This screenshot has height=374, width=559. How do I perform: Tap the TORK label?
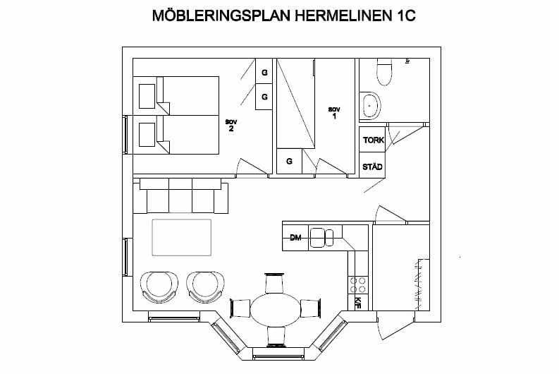coord(374,140)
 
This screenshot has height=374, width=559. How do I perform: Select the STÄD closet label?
coord(372,167)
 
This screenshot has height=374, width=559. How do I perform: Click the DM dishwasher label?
coord(295,238)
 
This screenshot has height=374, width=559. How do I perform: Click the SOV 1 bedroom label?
coord(334,112)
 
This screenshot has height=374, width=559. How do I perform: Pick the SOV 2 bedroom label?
coord(231,126)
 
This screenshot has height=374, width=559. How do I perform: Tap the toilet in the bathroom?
coord(384,72)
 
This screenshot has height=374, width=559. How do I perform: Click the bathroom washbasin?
coord(370,106)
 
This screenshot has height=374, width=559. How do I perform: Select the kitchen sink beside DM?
coord(321,238)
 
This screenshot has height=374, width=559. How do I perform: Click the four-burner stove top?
coord(358,285)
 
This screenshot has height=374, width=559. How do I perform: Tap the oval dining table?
coord(275,309)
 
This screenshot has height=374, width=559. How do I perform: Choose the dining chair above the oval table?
coord(274,283)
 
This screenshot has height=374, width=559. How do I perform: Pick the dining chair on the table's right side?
coord(311,308)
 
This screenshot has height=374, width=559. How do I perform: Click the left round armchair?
coord(159,287)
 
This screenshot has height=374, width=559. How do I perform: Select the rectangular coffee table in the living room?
coord(181,237)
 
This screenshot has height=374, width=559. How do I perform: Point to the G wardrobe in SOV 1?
coord(290,162)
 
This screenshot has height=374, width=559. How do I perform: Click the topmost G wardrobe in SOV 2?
coord(264,71)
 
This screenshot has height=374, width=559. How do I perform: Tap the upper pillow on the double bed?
coord(147,97)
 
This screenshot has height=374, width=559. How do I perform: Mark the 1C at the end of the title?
coord(405,16)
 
